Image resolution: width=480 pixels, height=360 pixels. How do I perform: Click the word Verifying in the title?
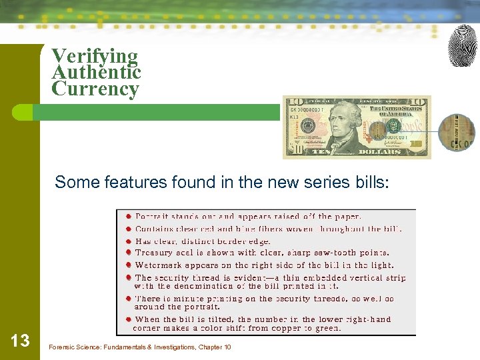point(95,56)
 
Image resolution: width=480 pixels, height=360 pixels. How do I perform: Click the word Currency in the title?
point(95,89)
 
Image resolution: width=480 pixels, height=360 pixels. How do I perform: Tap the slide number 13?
point(21,341)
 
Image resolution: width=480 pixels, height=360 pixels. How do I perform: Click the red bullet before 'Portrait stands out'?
point(128,216)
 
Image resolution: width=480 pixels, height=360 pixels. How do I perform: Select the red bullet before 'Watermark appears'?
point(128,265)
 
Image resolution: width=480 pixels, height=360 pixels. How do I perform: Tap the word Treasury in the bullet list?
point(156,253)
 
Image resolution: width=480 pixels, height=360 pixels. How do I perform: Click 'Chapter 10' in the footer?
point(213,347)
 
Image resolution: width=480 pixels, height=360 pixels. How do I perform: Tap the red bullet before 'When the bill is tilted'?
point(128,319)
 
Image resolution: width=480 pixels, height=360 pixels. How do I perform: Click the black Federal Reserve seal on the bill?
point(309,126)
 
